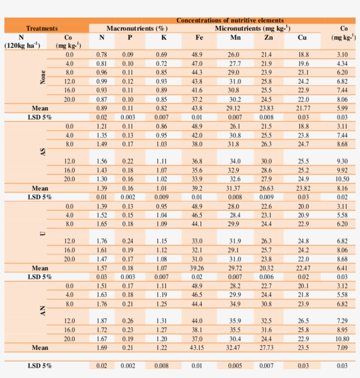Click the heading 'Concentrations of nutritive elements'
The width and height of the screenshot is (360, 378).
point(230,20)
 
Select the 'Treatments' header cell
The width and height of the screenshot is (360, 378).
point(42,29)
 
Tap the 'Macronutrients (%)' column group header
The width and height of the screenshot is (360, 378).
point(137,29)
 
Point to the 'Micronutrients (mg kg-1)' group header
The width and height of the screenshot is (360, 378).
point(252,29)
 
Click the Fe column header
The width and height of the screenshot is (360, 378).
point(199,38)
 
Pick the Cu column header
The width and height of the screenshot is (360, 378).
point(302,38)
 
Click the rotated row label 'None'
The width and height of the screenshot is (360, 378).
point(43,77)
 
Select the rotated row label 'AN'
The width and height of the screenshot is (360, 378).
point(43,312)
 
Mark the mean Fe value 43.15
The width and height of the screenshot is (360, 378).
point(198,348)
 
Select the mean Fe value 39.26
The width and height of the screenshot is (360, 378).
point(198,268)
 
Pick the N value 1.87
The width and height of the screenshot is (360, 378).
point(101,321)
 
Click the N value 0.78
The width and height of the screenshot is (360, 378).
point(101,55)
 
